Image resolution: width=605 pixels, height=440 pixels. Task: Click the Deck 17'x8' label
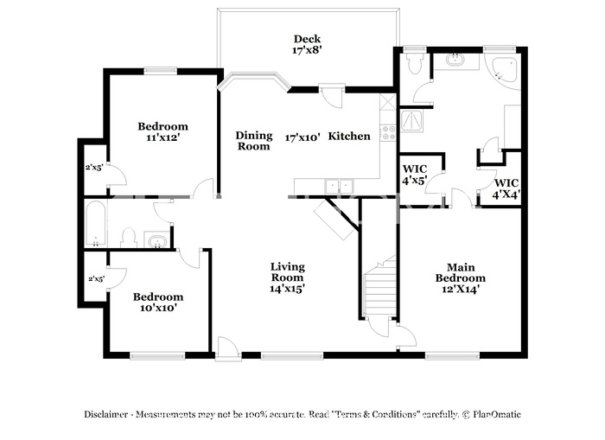(x=307, y=44)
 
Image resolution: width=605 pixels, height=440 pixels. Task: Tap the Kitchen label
(x=349, y=137)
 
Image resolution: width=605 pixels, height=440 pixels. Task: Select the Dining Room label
(x=254, y=141)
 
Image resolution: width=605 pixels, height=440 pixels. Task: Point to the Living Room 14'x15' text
(x=288, y=277)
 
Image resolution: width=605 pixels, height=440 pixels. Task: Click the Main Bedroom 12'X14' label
(x=461, y=278)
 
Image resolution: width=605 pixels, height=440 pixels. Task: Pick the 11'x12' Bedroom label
(x=162, y=131)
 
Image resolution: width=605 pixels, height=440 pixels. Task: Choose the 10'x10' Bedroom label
(x=158, y=303)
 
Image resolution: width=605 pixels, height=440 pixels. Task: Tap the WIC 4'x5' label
(x=414, y=175)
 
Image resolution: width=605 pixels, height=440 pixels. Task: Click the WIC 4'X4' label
(x=506, y=188)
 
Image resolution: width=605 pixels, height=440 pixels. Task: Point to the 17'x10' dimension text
(x=302, y=137)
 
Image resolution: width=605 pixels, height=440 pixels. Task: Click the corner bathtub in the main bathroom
(x=500, y=70)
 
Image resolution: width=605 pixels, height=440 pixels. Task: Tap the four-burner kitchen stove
(x=388, y=133)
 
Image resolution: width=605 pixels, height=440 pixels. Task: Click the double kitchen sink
(x=339, y=187)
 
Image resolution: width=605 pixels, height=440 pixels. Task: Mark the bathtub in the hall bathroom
(x=95, y=224)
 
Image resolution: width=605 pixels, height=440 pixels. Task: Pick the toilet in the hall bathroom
(x=129, y=238)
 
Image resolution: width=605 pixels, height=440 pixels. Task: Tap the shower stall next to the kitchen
(x=412, y=121)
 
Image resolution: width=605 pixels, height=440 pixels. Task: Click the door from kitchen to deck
(x=332, y=97)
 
